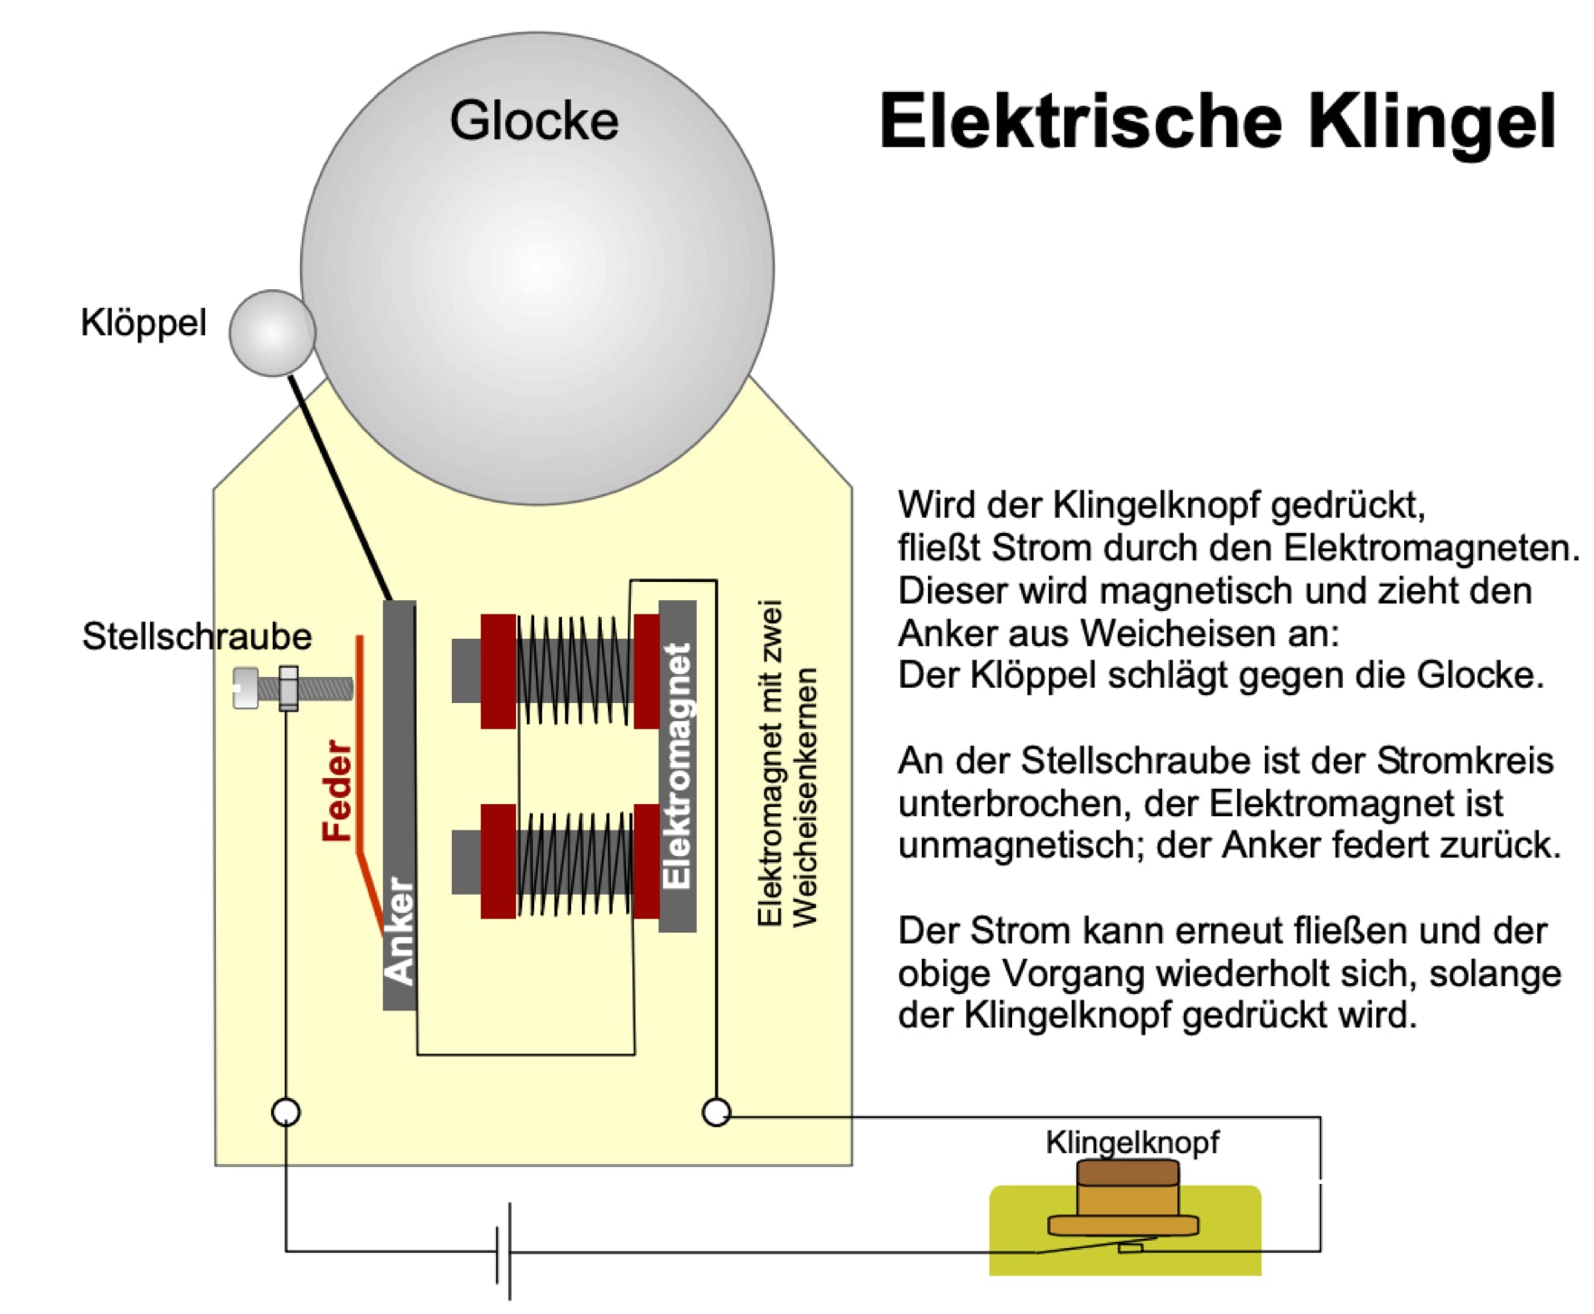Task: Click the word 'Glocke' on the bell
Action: [534, 120]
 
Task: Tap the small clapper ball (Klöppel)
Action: [272, 333]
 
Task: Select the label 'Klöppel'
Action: [144, 323]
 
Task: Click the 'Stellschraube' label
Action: [197, 636]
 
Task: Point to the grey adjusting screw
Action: [293, 689]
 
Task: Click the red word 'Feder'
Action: [337, 791]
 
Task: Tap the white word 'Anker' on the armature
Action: [398, 931]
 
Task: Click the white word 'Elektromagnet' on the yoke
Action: [677, 765]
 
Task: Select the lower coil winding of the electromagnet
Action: [575, 862]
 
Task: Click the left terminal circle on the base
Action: [286, 1112]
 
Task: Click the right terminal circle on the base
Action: [716, 1112]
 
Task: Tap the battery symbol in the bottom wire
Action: [504, 1252]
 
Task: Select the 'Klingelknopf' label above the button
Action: [1132, 1143]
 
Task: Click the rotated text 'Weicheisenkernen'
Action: [803, 797]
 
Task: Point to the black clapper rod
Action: [340, 488]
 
